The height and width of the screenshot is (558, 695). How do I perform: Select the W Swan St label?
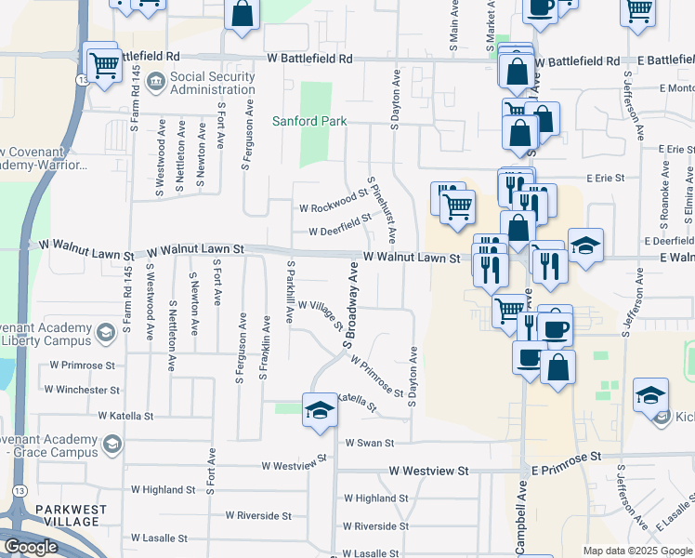pos(370,444)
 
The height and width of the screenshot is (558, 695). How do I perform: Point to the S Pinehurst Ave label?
pos(381,209)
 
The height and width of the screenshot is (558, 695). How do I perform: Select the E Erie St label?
pos(605,177)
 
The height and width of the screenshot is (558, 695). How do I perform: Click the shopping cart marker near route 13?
pos(104,64)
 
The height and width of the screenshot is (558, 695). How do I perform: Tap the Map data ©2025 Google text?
pos(636,551)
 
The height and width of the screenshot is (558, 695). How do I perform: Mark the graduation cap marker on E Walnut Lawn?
pos(585,246)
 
